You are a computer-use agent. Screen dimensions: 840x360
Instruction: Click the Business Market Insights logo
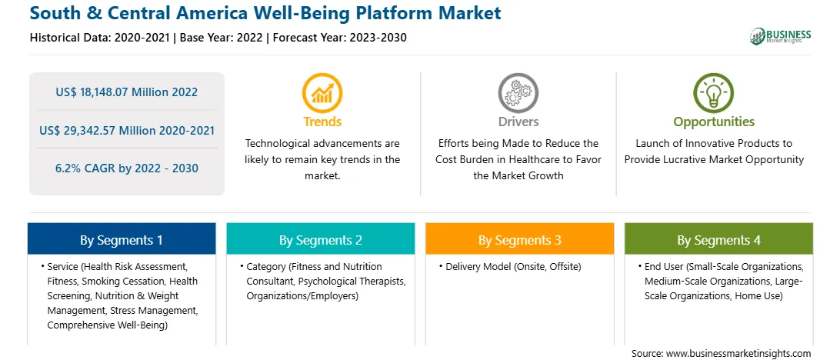[780, 36]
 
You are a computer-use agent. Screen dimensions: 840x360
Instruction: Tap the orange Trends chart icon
[322, 92]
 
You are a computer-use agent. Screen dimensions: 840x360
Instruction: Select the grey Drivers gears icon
[518, 92]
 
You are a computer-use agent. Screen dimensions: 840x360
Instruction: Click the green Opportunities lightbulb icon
[714, 92]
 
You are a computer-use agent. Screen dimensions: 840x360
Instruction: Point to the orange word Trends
[322, 122]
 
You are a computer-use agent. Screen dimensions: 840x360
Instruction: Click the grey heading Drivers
[518, 122]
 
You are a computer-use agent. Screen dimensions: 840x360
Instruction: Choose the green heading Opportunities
[714, 122]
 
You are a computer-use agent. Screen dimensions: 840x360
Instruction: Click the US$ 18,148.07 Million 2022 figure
[126, 92]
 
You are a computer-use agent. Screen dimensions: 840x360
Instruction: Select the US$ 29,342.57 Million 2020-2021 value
[127, 130]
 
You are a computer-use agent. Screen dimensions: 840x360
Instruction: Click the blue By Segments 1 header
[122, 240]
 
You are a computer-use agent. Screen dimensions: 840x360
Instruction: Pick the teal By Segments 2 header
[320, 240]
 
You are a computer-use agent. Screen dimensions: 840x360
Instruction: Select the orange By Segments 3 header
[520, 240]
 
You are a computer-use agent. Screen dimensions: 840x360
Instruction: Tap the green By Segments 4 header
[719, 240]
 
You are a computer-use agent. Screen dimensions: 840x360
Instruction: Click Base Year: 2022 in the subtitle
[222, 38]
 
